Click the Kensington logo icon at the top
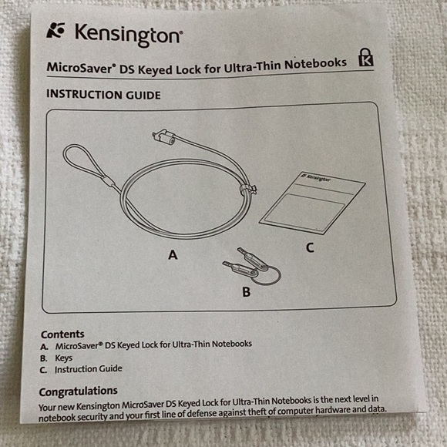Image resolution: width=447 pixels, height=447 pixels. [x=55, y=31]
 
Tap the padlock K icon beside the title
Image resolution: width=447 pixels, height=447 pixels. [x=366, y=57]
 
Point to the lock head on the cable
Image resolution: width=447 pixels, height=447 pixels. [x=164, y=136]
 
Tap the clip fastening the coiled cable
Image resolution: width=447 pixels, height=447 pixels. [x=247, y=190]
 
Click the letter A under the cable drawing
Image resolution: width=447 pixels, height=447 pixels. [x=173, y=254]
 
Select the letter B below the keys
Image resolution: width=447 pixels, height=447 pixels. [x=247, y=291]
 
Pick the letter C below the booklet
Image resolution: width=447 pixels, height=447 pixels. [x=310, y=247]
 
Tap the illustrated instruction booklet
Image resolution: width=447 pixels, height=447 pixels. [x=312, y=203]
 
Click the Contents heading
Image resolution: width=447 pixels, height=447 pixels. [x=62, y=334]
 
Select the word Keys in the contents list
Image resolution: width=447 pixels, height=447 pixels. [x=63, y=358]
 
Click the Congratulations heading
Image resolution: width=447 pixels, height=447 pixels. [x=79, y=392]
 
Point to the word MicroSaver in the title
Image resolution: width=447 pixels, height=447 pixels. [x=80, y=68]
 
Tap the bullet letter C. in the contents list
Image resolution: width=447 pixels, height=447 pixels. [x=43, y=370]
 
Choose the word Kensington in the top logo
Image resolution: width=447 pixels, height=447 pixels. [x=128, y=35]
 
